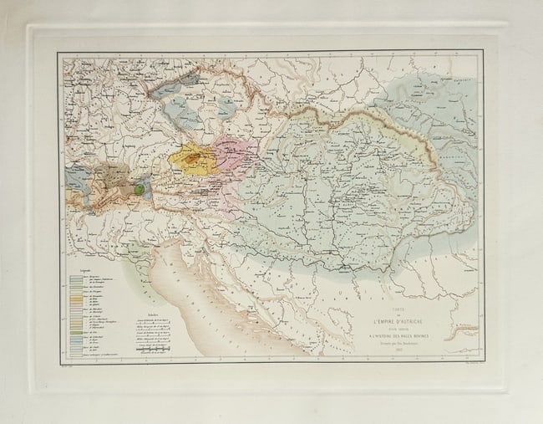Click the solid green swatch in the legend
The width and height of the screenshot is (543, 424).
(75, 333)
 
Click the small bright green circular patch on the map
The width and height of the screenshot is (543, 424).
(139, 189)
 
